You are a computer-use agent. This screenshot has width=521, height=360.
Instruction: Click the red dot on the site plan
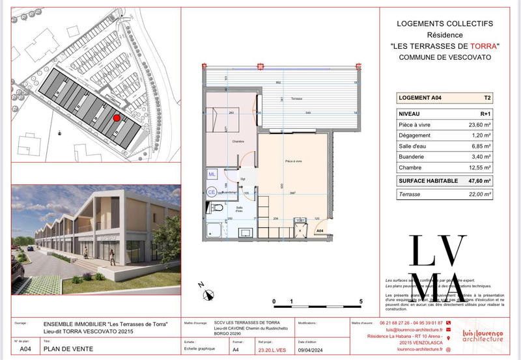117,118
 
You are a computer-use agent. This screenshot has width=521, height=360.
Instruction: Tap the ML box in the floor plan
212,174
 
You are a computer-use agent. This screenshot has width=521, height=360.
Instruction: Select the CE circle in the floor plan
212,192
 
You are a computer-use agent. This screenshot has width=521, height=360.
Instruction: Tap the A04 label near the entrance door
320,230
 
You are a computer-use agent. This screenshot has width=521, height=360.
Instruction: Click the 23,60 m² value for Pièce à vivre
479,125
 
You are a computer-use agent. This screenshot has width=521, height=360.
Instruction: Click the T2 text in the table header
486,98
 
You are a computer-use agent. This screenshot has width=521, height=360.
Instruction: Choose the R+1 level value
484,113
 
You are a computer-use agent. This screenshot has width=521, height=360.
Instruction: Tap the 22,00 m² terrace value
479,194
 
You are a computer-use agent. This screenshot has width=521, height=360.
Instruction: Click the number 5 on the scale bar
361,302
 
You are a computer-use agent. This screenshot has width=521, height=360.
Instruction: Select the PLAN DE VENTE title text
68,349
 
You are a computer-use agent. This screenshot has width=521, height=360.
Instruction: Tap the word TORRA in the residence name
483,46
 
